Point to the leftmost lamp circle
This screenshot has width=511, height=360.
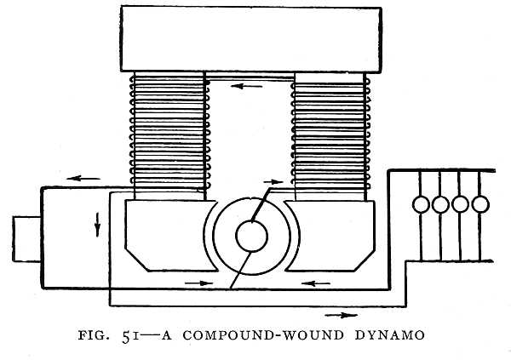pyautogui.click(x=420, y=205)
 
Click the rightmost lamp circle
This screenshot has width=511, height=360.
pyautogui.click(x=481, y=205)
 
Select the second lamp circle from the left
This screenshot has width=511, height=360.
pyautogui.click(x=440, y=205)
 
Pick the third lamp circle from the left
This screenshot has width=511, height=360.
pyautogui.click(x=461, y=205)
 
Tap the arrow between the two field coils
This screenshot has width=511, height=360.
pyautogui.click(x=250, y=86)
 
